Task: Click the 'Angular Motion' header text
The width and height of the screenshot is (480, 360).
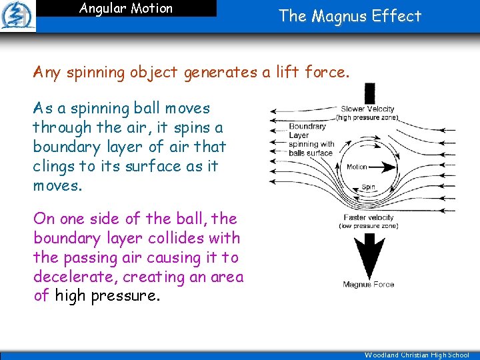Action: (126, 9)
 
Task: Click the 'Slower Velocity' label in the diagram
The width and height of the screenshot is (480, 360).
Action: (367, 109)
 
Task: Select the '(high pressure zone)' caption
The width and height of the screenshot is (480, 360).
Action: (367, 117)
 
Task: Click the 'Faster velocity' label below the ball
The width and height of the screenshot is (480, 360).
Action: (368, 217)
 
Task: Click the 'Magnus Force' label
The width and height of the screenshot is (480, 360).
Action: (368, 284)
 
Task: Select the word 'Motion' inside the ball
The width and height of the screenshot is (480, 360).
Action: (357, 167)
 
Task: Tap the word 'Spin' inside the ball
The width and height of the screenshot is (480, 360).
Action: (368, 187)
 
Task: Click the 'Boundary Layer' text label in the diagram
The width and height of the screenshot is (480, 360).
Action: (307, 131)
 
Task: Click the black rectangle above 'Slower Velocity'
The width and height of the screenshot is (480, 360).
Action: (369, 93)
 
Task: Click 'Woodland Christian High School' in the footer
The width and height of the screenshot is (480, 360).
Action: (417, 355)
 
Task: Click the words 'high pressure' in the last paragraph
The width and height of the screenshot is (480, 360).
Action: (107, 295)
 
